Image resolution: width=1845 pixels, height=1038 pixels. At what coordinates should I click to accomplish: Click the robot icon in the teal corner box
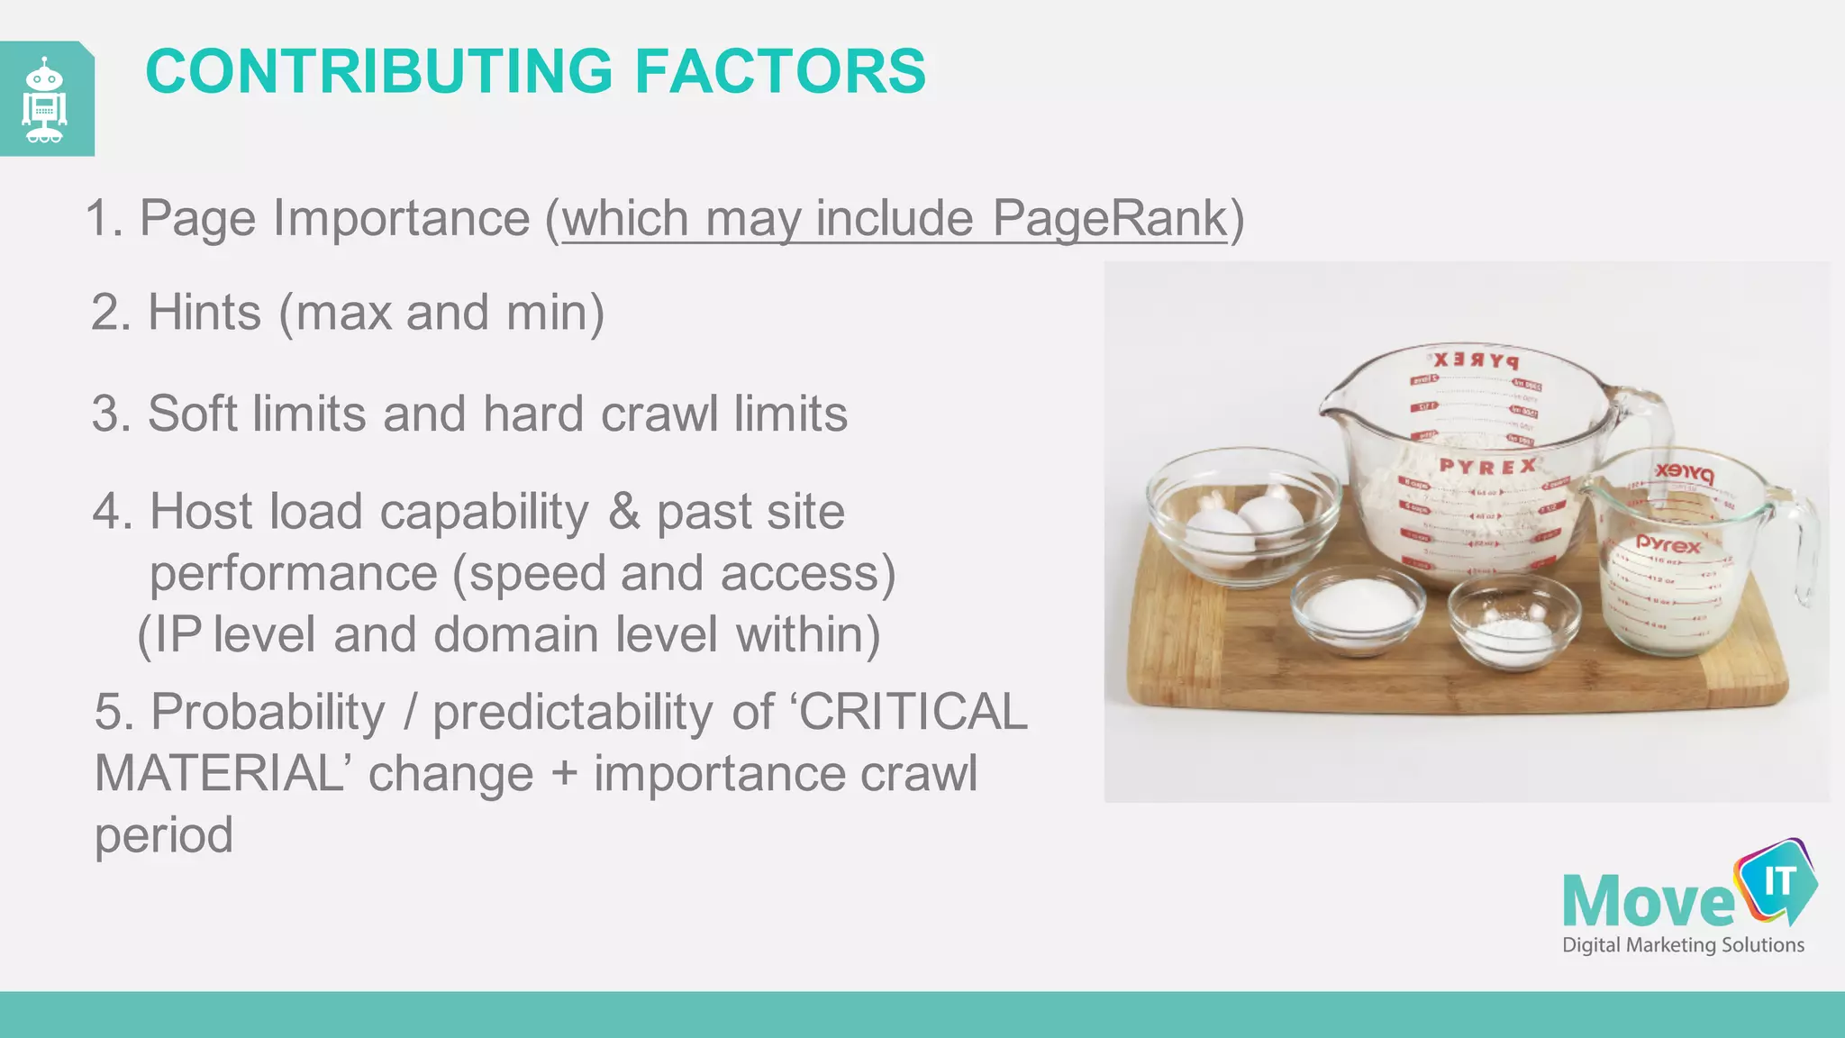tap(45, 100)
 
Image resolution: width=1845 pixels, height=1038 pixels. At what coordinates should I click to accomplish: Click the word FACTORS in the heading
tap(780, 72)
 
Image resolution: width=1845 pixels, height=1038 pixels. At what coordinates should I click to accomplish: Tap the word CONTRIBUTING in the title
tap(379, 72)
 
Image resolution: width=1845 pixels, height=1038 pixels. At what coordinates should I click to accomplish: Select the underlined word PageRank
tap(1110, 218)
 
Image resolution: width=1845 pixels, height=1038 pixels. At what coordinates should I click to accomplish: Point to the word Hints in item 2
tap(204, 313)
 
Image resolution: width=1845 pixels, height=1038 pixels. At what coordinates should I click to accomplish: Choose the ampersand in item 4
tap(623, 512)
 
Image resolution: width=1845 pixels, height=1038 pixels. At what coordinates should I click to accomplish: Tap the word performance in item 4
tap(293, 573)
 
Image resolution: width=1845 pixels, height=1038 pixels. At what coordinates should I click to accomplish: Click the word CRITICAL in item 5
tap(913, 712)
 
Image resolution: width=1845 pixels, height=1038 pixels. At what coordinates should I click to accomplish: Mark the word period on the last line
tap(164, 836)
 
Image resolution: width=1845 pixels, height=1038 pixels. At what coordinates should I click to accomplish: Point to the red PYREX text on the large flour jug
tap(1487, 467)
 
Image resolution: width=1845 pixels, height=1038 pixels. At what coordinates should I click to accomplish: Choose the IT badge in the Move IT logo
tap(1777, 882)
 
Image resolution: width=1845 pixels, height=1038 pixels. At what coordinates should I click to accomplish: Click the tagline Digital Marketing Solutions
tap(1683, 945)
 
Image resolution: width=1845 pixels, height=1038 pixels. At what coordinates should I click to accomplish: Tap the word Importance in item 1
tap(401, 218)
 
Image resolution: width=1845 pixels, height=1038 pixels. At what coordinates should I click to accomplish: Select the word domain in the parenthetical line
tap(516, 634)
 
